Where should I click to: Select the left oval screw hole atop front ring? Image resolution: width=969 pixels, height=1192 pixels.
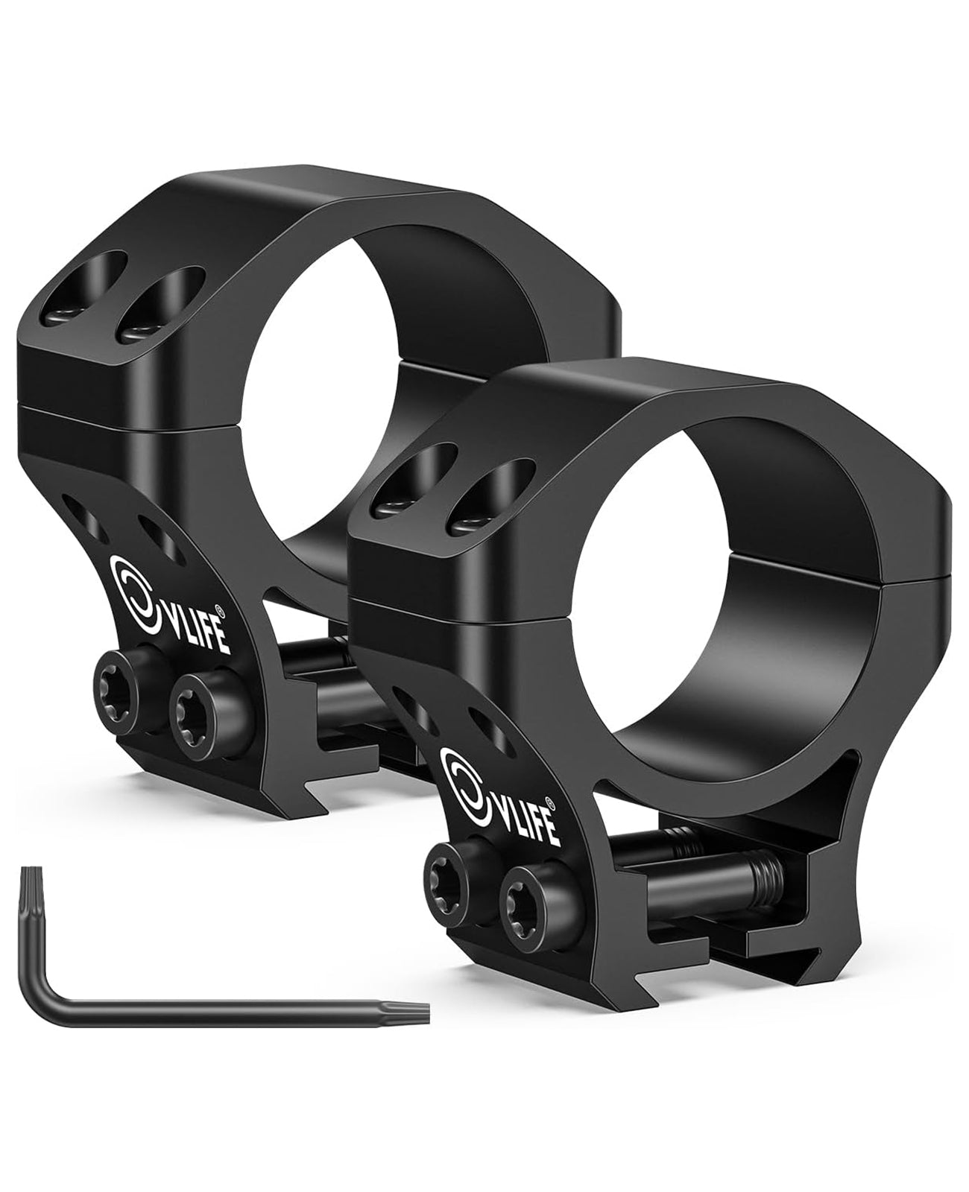pos(423,478)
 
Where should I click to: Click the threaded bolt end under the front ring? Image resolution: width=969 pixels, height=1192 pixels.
pos(768,867)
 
